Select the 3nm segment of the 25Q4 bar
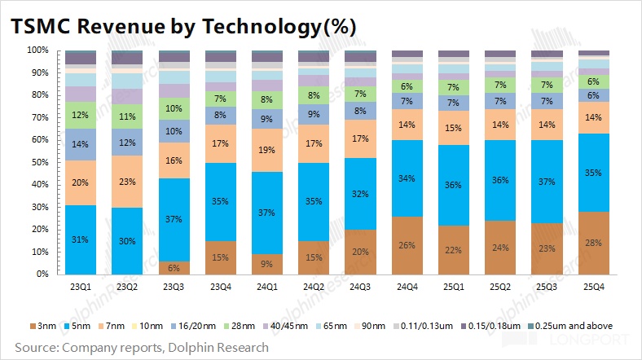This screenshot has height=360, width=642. point(593,243)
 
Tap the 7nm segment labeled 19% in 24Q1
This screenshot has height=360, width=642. point(266,151)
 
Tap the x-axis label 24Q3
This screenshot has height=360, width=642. point(359,288)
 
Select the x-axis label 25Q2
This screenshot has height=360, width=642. point(500,288)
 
